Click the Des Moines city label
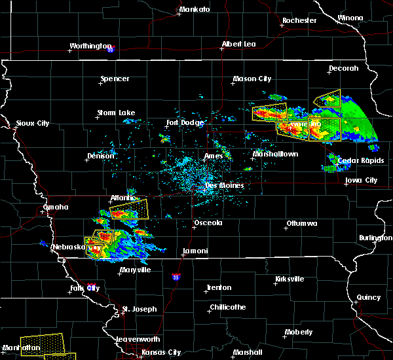[225, 185]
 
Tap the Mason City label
[252, 79]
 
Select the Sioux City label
[33, 123]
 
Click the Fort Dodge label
[185, 122]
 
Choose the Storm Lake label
[116, 113]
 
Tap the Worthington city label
[91, 46]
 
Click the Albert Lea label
[238, 44]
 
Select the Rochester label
[299, 20]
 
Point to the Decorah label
[344, 68]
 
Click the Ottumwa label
[301, 224]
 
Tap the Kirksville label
[290, 279]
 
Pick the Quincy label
[368, 297]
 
